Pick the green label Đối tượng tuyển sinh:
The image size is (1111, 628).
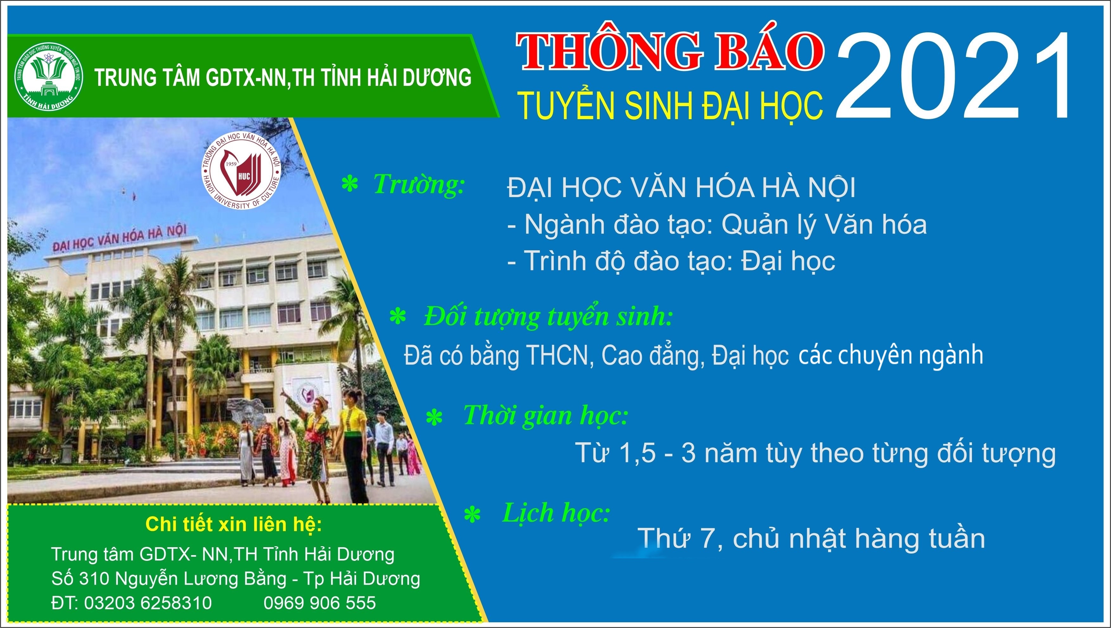tap(548, 317)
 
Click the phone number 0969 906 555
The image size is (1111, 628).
tap(320, 603)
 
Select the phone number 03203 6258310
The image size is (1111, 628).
tap(148, 603)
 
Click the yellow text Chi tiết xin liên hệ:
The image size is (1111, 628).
tap(234, 524)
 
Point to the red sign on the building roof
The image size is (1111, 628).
tap(120, 239)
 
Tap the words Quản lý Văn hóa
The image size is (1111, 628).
tap(824, 225)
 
